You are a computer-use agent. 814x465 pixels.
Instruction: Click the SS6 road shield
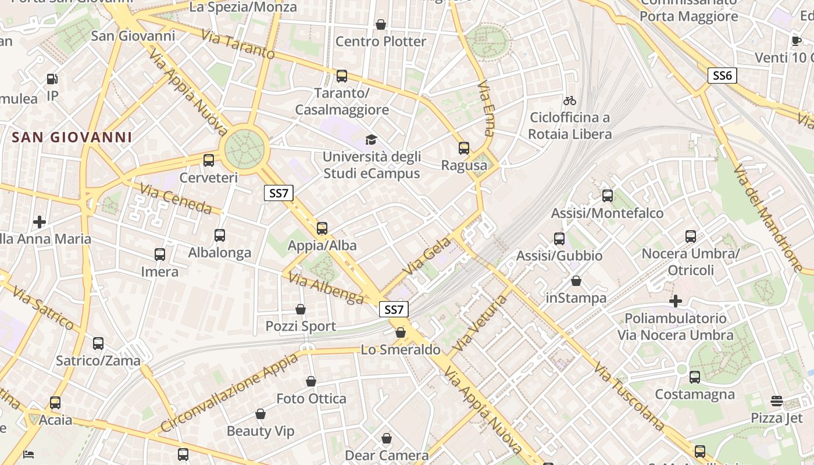click(x=722, y=75)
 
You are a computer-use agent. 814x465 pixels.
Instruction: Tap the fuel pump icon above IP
click(x=52, y=79)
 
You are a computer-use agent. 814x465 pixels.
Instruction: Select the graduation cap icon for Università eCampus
click(x=371, y=139)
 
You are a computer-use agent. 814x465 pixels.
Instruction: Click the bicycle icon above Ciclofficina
click(x=570, y=101)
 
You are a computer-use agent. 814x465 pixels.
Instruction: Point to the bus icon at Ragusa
click(x=463, y=148)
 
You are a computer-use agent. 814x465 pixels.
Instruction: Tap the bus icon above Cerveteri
click(x=209, y=160)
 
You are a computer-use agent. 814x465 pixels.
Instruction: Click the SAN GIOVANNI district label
click(x=72, y=138)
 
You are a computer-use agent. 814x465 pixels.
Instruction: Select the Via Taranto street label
click(x=238, y=44)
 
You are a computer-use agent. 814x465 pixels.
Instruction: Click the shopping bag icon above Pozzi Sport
click(x=301, y=309)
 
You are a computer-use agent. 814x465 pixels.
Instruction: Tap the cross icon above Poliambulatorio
click(x=675, y=301)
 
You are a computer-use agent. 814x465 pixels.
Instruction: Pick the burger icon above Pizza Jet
click(x=776, y=401)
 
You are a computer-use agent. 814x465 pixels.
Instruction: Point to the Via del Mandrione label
click(x=767, y=219)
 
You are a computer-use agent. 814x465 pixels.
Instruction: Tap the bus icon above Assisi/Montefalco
click(x=608, y=196)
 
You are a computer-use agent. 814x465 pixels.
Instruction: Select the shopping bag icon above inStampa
click(x=576, y=281)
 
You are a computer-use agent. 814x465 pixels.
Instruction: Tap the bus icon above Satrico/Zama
click(x=98, y=344)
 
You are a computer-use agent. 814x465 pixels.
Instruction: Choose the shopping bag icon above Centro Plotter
click(x=381, y=24)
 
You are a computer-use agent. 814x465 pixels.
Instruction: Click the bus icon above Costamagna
click(x=695, y=377)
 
